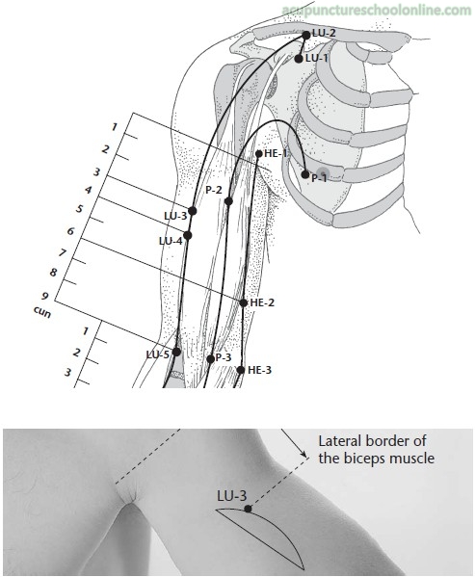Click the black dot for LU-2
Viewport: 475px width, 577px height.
click(306, 35)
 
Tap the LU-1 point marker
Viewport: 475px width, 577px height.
click(299, 59)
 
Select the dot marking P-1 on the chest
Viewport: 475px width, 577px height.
click(305, 174)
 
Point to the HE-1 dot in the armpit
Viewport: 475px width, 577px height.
click(258, 154)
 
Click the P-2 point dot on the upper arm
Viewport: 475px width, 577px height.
click(228, 201)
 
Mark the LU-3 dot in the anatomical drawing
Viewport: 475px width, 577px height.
click(192, 211)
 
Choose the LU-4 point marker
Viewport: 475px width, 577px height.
click(188, 235)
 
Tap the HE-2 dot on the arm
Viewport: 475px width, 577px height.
click(244, 302)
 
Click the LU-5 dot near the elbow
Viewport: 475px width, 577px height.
click(176, 352)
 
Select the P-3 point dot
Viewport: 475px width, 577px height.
click(210, 358)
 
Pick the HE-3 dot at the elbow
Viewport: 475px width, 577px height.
click(241, 370)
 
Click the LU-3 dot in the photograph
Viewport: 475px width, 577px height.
click(248, 509)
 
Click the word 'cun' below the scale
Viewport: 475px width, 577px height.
click(42, 312)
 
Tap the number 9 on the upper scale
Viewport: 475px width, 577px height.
click(45, 296)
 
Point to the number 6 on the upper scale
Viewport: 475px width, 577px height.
click(70, 231)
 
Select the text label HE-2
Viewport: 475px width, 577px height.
click(262, 302)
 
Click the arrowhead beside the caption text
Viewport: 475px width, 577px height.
click(304, 454)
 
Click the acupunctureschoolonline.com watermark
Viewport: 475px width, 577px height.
click(377, 11)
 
